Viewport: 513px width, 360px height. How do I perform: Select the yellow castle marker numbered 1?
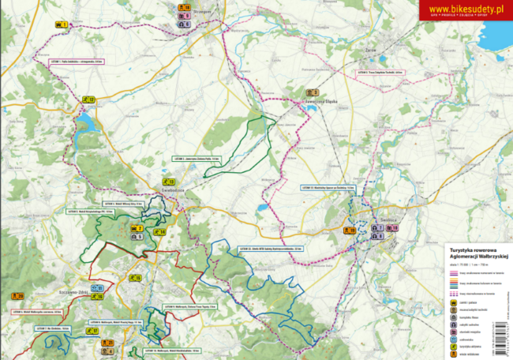point(59,25)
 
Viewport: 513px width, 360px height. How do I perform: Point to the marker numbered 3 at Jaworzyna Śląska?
point(311,92)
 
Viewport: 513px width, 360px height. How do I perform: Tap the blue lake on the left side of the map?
point(86,122)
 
